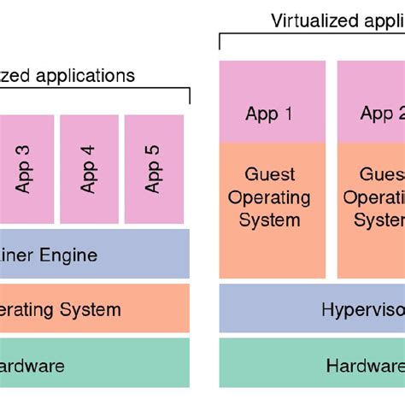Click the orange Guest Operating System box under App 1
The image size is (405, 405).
(269, 209)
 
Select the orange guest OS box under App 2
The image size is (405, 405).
(372, 209)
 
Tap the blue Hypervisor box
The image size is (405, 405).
(313, 308)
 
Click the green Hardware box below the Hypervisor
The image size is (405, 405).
(313, 366)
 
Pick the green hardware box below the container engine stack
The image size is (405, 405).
(94, 366)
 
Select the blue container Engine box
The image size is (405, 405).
(94, 254)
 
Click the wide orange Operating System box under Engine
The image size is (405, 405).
(94, 308)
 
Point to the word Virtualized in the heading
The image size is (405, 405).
(314, 21)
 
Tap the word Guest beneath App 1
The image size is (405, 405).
(269, 174)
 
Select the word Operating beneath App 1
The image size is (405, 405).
(269, 197)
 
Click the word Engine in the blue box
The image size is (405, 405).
(72, 255)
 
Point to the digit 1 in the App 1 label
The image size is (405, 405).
(288, 114)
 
